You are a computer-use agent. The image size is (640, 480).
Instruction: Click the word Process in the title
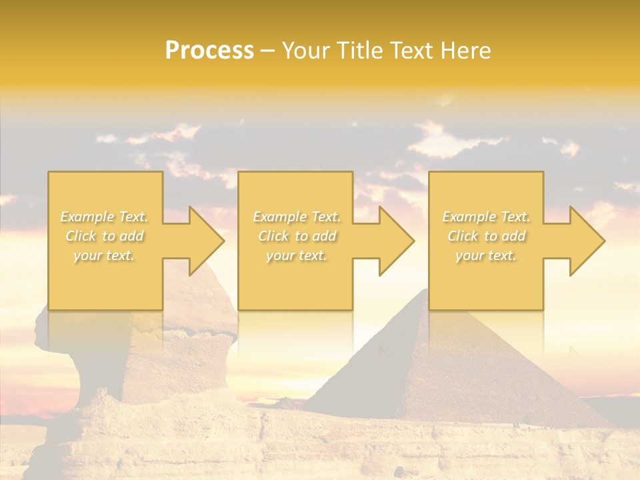tap(209, 51)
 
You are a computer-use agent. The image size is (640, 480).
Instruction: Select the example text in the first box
tap(105, 236)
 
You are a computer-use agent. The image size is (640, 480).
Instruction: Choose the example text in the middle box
tap(296, 236)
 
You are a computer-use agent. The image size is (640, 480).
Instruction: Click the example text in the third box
tap(486, 236)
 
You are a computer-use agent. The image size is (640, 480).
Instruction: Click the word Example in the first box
tap(85, 217)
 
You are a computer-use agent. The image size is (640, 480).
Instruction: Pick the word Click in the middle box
tap(273, 236)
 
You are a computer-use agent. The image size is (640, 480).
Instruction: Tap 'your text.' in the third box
tap(486, 255)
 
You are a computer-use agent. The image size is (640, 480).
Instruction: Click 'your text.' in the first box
tap(105, 255)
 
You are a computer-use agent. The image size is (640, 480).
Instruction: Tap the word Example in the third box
tap(467, 217)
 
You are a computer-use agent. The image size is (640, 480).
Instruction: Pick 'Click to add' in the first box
tap(105, 236)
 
